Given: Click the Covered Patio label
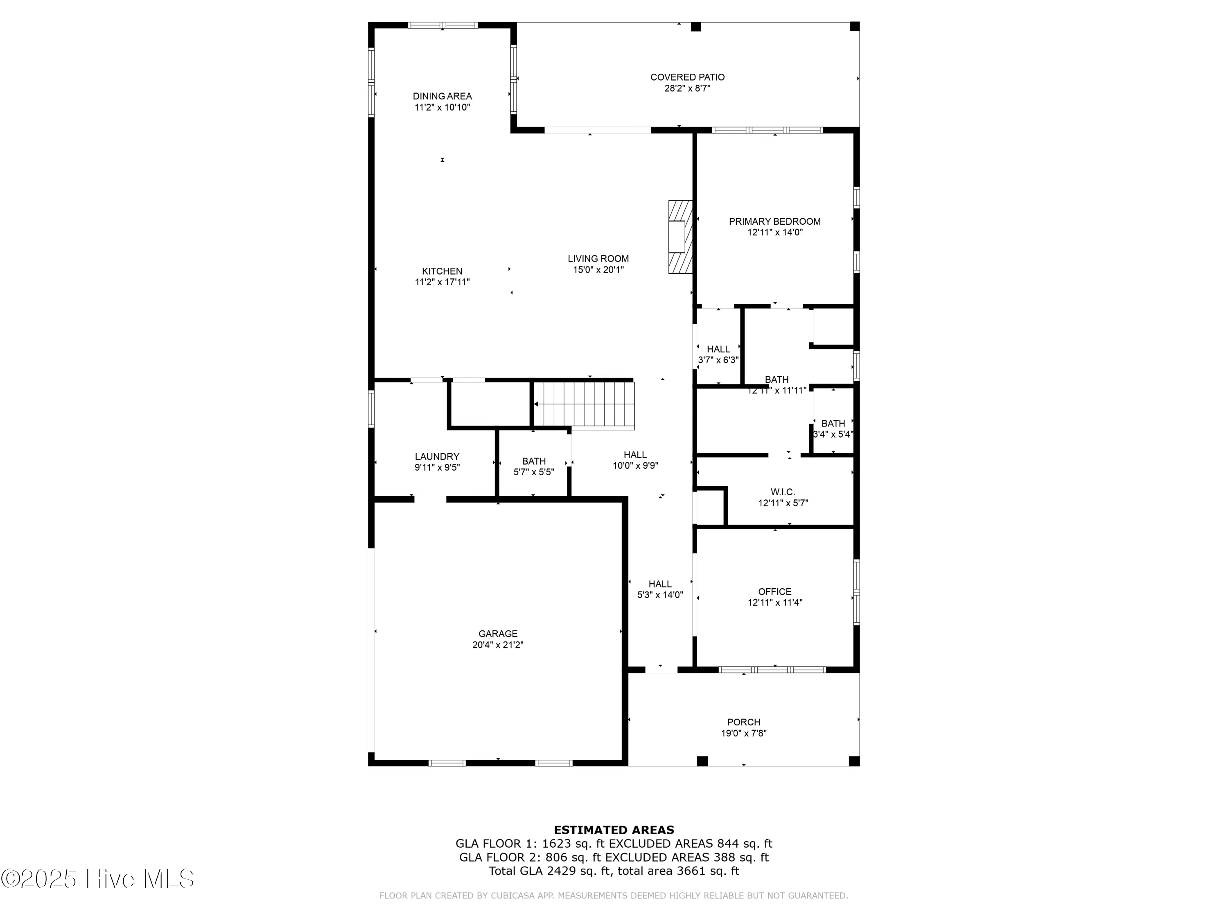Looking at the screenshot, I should click(687, 77).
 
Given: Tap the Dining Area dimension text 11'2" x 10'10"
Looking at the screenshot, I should click(442, 108).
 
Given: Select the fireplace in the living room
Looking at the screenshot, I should click(680, 237).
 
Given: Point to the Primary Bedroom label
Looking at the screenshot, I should click(774, 221).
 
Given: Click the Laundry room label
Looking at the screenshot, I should click(437, 457).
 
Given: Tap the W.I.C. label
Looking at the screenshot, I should click(783, 492).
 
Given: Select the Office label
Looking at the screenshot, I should click(774, 592).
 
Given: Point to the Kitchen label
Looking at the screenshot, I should click(442, 271).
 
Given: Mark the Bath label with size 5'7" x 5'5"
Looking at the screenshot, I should click(533, 461).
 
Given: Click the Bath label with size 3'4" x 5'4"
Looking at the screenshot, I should click(833, 424).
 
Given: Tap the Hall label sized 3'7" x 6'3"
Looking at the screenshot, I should click(718, 349).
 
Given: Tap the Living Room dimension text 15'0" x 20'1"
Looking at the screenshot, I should click(598, 270).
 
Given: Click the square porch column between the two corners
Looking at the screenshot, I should click(702, 761).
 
